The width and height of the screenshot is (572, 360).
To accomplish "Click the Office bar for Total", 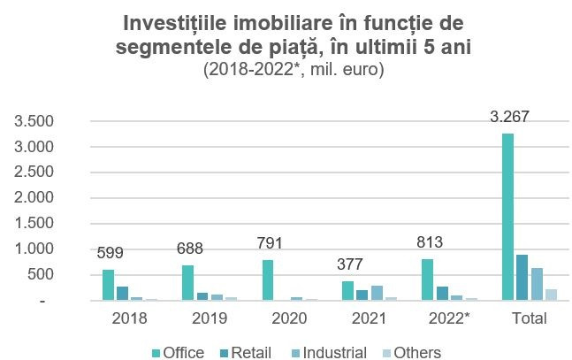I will [507, 217].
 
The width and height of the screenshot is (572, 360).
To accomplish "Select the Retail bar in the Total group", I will [522, 278].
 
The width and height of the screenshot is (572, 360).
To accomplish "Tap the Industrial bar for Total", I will [536, 284].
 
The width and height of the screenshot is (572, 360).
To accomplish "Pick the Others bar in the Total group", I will [551, 295].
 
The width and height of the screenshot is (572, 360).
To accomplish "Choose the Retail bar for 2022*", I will [442, 293].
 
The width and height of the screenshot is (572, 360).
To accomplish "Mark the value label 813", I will [428, 241].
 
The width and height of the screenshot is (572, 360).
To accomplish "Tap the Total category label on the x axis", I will [529, 317].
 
